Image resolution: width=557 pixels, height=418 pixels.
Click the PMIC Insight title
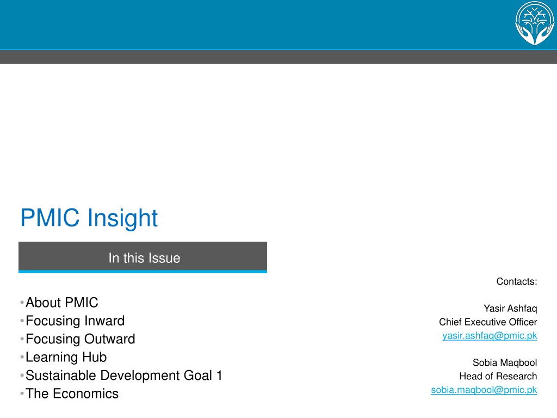tap(89, 218)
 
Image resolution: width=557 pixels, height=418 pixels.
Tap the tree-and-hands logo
tap(535, 23)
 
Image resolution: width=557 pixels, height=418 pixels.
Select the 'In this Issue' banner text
tap(144, 257)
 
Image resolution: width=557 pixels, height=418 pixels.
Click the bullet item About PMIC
tap(62, 303)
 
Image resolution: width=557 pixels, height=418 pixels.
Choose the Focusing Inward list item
tap(75, 321)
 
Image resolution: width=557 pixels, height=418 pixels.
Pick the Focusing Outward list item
tap(81, 339)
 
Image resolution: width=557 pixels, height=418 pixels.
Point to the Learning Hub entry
tap(66, 357)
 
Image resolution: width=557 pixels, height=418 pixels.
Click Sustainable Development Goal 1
tap(124, 376)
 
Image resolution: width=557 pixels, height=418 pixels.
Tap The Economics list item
tap(72, 394)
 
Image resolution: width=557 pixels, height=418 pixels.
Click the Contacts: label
tap(517, 281)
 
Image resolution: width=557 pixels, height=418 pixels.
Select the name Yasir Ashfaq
tap(510, 309)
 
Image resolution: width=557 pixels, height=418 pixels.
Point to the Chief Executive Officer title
tap(488, 322)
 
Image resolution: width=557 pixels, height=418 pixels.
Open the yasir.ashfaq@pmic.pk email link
tap(490, 336)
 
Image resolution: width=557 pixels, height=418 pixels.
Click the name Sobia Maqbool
tap(505, 362)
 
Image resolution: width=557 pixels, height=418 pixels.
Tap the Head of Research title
tap(498, 376)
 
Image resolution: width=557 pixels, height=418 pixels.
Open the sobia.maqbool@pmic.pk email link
tap(484, 390)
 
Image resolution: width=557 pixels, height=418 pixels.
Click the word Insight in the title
tap(122, 218)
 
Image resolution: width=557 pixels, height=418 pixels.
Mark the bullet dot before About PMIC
tap(22, 303)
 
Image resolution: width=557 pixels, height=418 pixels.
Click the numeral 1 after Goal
tap(219, 376)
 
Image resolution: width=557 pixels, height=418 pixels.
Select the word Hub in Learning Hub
tap(95, 357)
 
